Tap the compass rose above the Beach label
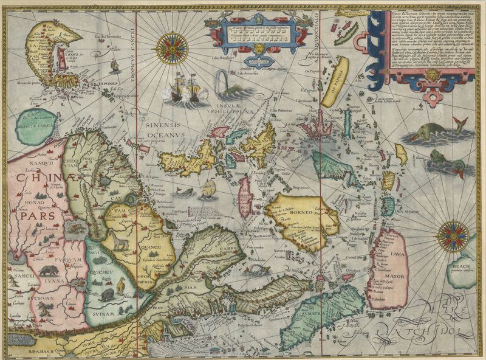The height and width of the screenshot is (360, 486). tap(453, 235)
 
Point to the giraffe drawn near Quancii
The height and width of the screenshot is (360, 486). tap(120, 243)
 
